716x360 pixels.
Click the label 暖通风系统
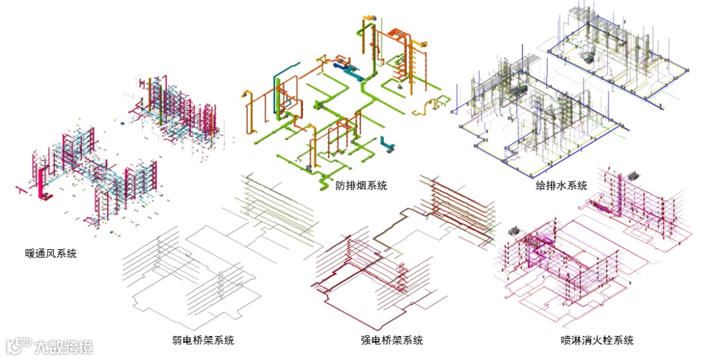coord(50,253)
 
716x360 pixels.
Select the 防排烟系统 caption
coord(361,186)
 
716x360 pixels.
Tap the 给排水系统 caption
coord(562,186)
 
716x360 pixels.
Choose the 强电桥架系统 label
coord(392,341)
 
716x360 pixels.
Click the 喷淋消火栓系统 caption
coord(597,341)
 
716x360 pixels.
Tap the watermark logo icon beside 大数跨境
coord(19,346)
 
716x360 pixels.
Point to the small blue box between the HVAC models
coord(121,123)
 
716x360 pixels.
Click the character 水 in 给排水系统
coord(562,186)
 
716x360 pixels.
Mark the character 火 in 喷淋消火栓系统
coord(597,341)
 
